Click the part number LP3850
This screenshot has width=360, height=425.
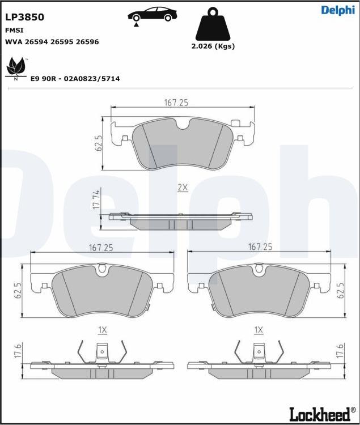tap(24, 17)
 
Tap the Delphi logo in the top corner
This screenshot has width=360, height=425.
tap(337, 10)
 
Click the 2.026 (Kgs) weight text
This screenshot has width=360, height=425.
tap(213, 46)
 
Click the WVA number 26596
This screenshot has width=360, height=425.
tap(87, 42)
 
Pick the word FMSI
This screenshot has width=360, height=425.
tap(14, 30)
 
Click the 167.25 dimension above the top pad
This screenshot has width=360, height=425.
tap(176, 103)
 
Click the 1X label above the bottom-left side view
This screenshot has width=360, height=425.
tap(103, 330)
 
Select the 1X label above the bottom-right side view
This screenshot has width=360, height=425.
tap(259, 330)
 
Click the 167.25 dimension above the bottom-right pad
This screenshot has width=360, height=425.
tap(260, 247)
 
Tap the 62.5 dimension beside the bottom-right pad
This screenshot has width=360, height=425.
tap(340, 291)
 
